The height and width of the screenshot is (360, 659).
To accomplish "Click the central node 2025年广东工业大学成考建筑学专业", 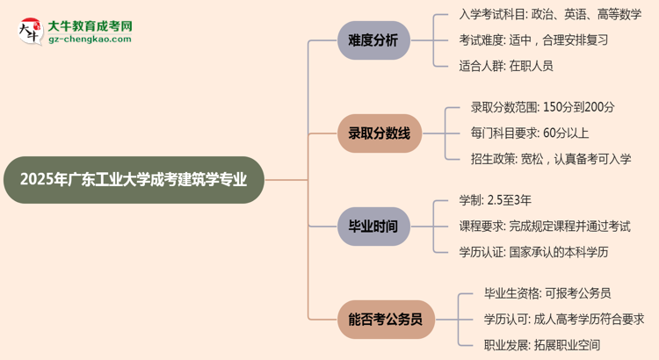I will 132,180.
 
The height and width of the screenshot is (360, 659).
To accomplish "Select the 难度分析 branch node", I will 373,40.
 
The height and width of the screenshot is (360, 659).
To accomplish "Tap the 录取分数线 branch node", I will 373,133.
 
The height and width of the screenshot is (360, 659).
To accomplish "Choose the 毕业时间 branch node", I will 373,227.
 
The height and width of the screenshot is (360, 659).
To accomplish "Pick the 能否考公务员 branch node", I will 380,320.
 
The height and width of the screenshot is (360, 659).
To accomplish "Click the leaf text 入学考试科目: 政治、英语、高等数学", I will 550,15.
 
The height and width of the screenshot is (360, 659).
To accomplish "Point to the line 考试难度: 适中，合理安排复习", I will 533,40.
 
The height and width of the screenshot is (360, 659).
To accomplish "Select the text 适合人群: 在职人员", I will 506,66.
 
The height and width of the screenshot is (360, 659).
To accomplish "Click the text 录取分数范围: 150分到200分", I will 542,108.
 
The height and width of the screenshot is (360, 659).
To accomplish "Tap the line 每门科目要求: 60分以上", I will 529,133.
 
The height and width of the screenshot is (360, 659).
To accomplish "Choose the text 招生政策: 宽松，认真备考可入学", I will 550,159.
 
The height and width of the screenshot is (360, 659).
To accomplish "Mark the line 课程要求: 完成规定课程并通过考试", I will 544,227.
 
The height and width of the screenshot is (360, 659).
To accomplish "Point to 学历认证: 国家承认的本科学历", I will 533,252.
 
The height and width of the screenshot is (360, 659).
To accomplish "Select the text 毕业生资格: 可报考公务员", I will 547,294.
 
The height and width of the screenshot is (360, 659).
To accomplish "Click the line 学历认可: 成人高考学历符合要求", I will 563,320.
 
